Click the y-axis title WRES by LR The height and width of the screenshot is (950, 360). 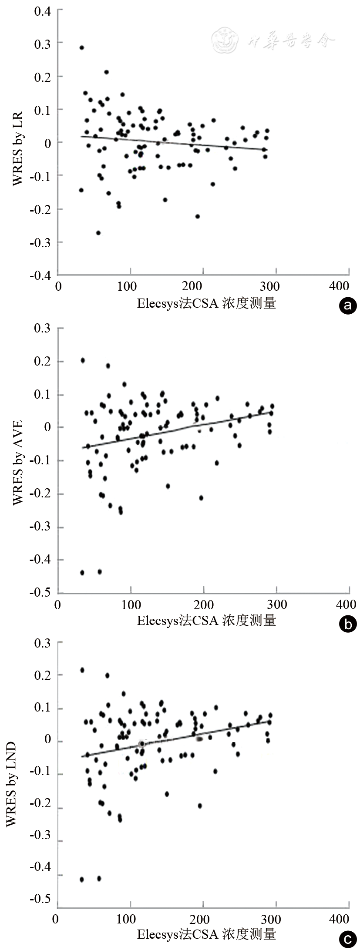tap(17, 149)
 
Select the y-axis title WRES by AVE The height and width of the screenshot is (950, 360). tap(17, 462)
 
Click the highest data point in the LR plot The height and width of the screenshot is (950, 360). tap(81, 48)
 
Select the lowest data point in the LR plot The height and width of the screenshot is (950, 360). tap(98, 233)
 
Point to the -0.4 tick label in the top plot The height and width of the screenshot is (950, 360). tap(40, 275)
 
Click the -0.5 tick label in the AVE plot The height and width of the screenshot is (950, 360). tap(40, 593)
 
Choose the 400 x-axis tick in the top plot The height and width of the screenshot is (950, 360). tap(340, 286)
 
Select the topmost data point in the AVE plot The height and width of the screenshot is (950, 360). tap(83, 360)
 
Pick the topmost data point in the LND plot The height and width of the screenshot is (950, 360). tap(82, 670)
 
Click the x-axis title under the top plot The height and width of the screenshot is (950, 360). tap(206, 303)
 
